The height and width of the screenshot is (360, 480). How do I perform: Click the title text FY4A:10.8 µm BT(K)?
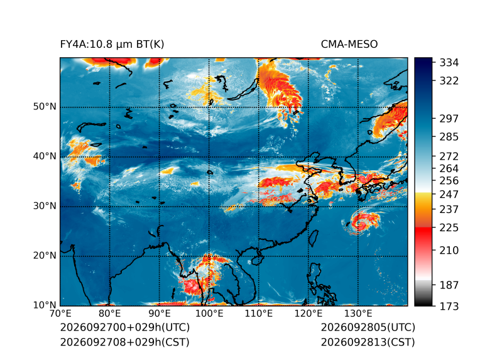coord(112,45)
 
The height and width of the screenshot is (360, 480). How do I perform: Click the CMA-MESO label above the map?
coord(349,45)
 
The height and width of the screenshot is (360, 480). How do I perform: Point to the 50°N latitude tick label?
coord(45,107)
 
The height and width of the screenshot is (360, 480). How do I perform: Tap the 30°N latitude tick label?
coord(45,205)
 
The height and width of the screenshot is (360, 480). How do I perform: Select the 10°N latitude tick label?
coord(45,305)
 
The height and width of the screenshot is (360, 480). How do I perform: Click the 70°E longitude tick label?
coord(60,314)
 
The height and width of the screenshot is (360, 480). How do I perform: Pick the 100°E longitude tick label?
coord(209,314)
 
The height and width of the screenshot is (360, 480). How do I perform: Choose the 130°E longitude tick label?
coord(358,314)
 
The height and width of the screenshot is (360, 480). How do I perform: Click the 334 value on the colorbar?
coord(449,63)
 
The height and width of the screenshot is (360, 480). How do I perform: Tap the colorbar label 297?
coord(449,119)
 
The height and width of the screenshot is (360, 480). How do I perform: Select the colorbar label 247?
coord(449,194)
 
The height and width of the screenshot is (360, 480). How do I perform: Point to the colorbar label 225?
coord(449,228)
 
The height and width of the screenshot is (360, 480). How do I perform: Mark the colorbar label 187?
coord(449,285)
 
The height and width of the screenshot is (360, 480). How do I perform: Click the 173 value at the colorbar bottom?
coord(449,306)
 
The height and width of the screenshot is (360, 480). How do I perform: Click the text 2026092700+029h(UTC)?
coord(125,327)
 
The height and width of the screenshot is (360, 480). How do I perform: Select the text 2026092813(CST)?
coord(368,342)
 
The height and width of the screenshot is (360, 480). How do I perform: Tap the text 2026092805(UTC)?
coord(368,327)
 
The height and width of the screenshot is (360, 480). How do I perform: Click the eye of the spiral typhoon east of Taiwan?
coord(361,223)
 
